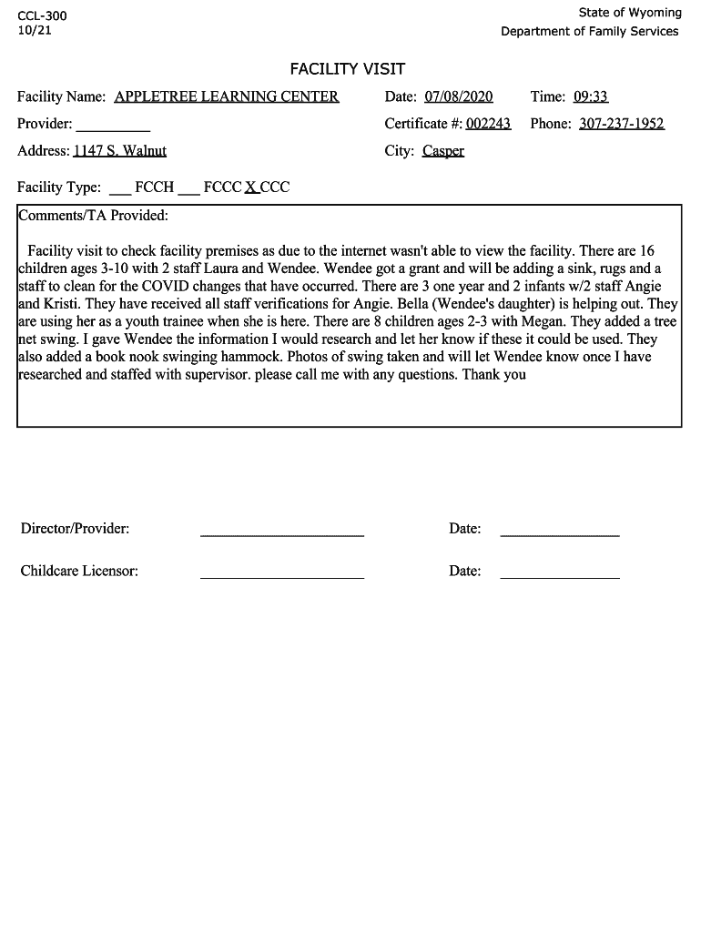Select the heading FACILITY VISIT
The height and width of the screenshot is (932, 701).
348,69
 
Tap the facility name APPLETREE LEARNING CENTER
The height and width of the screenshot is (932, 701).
227,96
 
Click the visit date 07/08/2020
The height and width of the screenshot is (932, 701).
459,96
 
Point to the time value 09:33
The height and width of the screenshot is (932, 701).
591,96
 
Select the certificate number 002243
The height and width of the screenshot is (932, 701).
488,124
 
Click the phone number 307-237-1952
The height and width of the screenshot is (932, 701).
622,124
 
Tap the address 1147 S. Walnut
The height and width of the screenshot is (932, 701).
126,151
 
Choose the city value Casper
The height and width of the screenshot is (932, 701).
443,151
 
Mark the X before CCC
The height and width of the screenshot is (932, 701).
250,187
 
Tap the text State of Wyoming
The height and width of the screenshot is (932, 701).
630,13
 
